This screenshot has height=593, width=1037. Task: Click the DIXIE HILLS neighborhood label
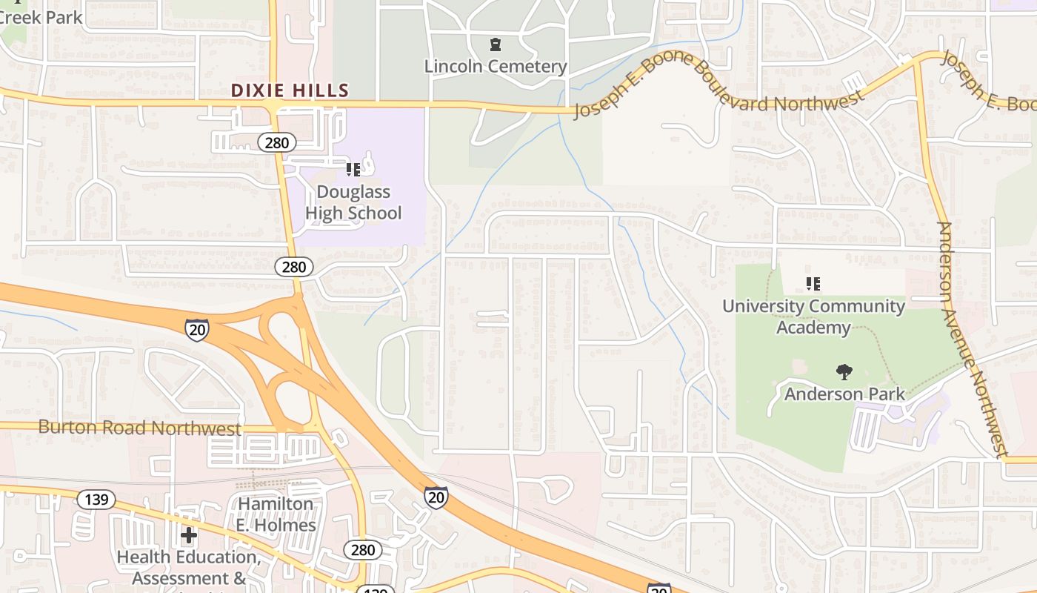click(x=290, y=91)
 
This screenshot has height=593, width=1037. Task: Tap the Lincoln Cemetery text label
click(x=496, y=67)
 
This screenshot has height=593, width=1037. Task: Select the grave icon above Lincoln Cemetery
click(x=496, y=45)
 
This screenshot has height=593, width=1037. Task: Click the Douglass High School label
click(x=353, y=202)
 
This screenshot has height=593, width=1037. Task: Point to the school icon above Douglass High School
click(x=353, y=170)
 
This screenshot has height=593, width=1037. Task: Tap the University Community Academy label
click(x=813, y=317)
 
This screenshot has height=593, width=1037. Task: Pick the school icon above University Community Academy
click(x=813, y=284)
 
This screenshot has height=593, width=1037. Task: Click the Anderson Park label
click(x=844, y=394)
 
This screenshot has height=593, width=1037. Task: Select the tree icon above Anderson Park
click(x=843, y=371)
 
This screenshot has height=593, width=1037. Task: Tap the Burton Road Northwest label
click(x=139, y=428)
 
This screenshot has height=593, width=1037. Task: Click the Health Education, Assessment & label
click(x=189, y=567)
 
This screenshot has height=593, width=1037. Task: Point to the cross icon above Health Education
click(x=189, y=534)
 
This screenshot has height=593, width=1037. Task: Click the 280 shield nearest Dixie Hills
click(x=276, y=142)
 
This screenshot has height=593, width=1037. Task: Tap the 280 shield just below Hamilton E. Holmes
click(x=363, y=550)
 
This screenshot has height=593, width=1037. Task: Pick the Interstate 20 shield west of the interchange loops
click(x=197, y=330)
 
